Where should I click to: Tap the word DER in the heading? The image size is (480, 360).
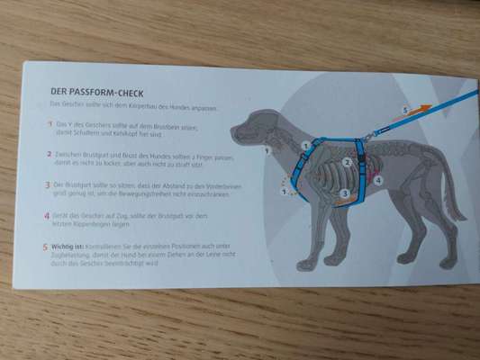59,90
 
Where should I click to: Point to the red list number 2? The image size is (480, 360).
49,153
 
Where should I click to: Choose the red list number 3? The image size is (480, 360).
47,184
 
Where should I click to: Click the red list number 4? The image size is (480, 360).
46,214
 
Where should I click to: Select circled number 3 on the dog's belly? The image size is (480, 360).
345,193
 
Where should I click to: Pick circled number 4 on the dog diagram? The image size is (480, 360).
378,180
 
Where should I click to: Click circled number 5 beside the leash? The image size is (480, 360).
404,110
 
